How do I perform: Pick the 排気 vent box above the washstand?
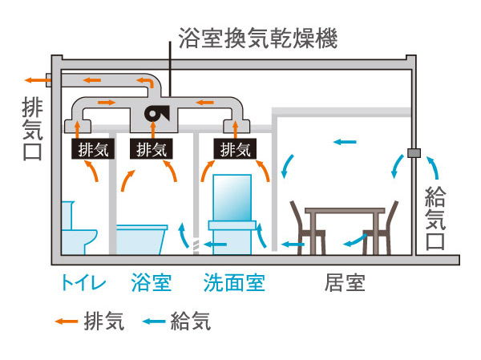click(234, 148)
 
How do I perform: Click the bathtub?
click(142, 238)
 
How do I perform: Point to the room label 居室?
click(346, 283)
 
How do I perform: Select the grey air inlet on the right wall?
click(414, 152)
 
